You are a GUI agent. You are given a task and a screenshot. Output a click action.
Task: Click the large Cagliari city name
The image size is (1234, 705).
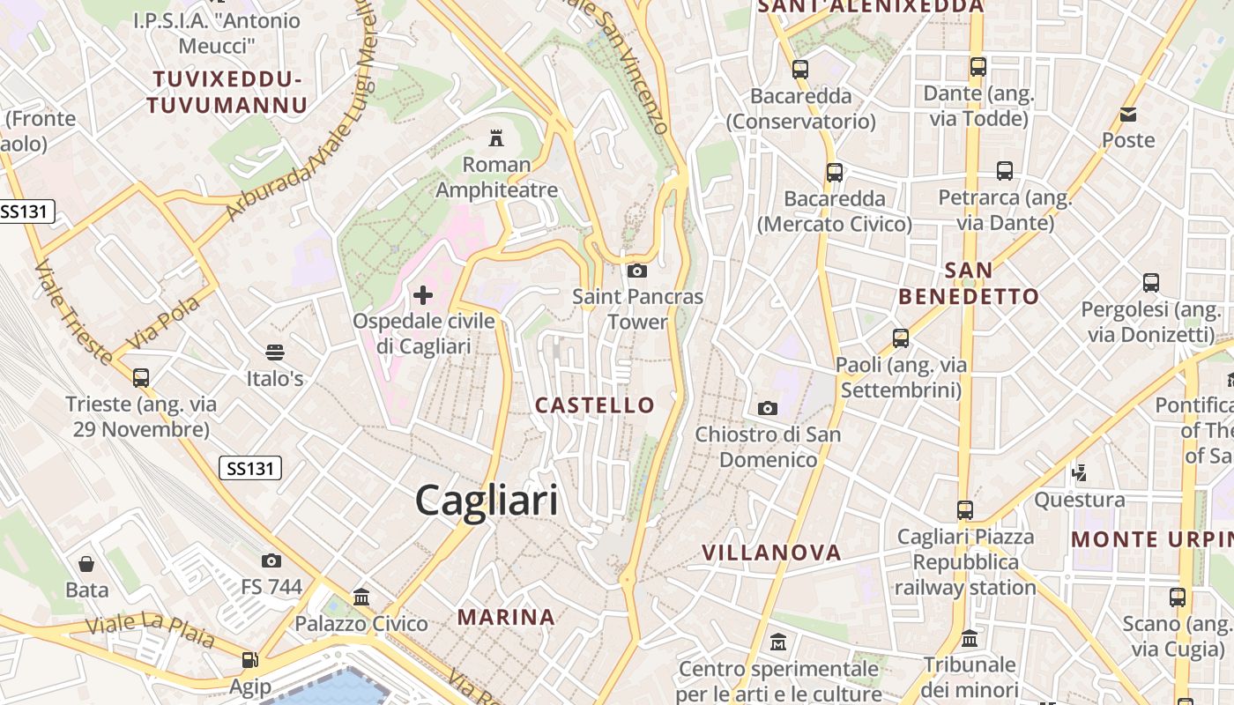pos(486,501)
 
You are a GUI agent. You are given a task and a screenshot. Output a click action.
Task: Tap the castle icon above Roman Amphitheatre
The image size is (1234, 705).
pos(496,137)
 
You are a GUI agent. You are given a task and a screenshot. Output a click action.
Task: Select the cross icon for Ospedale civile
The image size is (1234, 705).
pos(423,294)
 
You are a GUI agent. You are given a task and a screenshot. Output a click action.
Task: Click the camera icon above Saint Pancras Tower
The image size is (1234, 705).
pos(637,271)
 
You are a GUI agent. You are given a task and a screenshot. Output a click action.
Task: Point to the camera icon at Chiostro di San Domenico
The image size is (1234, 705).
pos(768,408)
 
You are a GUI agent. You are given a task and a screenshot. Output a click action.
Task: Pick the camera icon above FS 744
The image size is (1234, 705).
pos(271,560)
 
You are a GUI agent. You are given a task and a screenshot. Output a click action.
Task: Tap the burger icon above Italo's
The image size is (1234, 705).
pos(275,352)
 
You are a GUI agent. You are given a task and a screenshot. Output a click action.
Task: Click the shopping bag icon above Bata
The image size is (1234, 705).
pos(86,564)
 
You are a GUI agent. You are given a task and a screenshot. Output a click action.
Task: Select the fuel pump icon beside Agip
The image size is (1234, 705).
pos(250,660)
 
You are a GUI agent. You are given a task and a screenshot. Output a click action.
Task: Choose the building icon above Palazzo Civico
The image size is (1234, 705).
pos(361,597)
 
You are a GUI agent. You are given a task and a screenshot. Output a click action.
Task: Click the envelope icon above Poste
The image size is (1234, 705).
pos(1128,115)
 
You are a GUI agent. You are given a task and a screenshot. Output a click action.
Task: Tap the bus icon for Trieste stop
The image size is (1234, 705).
pos(141,378)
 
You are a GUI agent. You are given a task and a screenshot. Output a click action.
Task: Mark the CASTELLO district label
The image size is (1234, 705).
pos(596,405)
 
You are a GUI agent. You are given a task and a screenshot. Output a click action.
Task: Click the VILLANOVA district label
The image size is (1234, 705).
pos(771,553)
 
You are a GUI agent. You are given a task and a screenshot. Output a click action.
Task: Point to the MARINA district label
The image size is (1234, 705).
pos(506,617)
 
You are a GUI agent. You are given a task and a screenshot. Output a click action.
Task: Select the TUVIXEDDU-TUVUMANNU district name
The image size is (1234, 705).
pos(227,93)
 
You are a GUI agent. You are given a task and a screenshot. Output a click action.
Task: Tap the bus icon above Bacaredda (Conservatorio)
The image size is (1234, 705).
pos(800,69)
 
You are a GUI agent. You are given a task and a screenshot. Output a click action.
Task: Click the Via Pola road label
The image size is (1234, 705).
pos(164,323)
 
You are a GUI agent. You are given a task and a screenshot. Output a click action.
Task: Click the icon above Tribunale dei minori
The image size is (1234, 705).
pos(970,638)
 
